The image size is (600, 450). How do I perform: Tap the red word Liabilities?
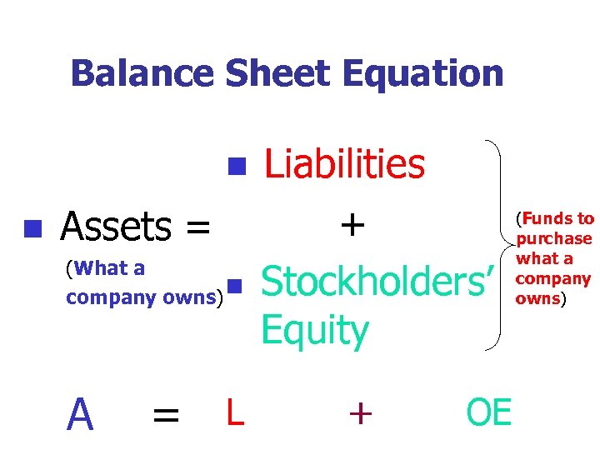point(344,164)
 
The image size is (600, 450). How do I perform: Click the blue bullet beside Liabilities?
point(236,164)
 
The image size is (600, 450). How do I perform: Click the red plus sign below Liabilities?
point(352,224)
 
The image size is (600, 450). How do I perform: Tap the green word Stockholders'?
point(378,282)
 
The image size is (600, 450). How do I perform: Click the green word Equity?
point(314,330)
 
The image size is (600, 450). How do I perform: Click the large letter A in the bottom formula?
point(80,412)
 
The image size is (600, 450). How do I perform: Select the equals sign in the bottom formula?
point(165,414)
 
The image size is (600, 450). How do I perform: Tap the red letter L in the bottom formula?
point(234,412)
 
